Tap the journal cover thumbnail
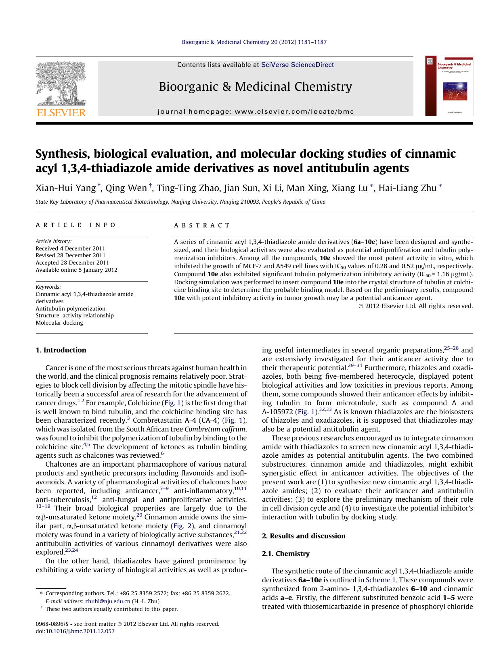point(449,86)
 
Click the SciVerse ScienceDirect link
point(298,65)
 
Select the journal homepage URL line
point(255,112)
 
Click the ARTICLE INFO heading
point(76,225)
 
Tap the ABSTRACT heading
point(202,225)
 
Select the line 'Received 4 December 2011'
point(70,248)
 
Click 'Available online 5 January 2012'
point(76,270)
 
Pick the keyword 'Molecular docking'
point(59,323)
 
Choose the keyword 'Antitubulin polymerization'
point(70,308)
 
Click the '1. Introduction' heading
point(61,350)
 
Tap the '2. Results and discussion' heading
point(304,536)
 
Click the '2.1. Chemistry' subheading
point(286,554)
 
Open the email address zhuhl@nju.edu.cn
point(108,601)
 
